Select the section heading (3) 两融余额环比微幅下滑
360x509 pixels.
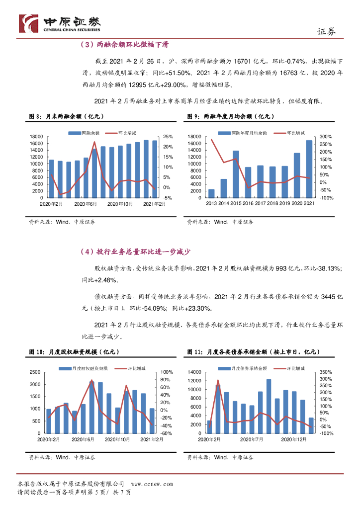pos(124,45)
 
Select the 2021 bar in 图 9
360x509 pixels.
pos(309,169)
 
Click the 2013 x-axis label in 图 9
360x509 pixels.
pos(211,203)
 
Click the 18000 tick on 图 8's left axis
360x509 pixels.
pos(37,136)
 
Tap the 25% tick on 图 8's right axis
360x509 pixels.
pos(168,136)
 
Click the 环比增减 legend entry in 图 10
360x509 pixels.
pos(131,368)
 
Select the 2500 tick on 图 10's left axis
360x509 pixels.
pos(35,372)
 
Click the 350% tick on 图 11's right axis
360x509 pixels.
pos(326,372)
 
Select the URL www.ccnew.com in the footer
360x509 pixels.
pos(152,484)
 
